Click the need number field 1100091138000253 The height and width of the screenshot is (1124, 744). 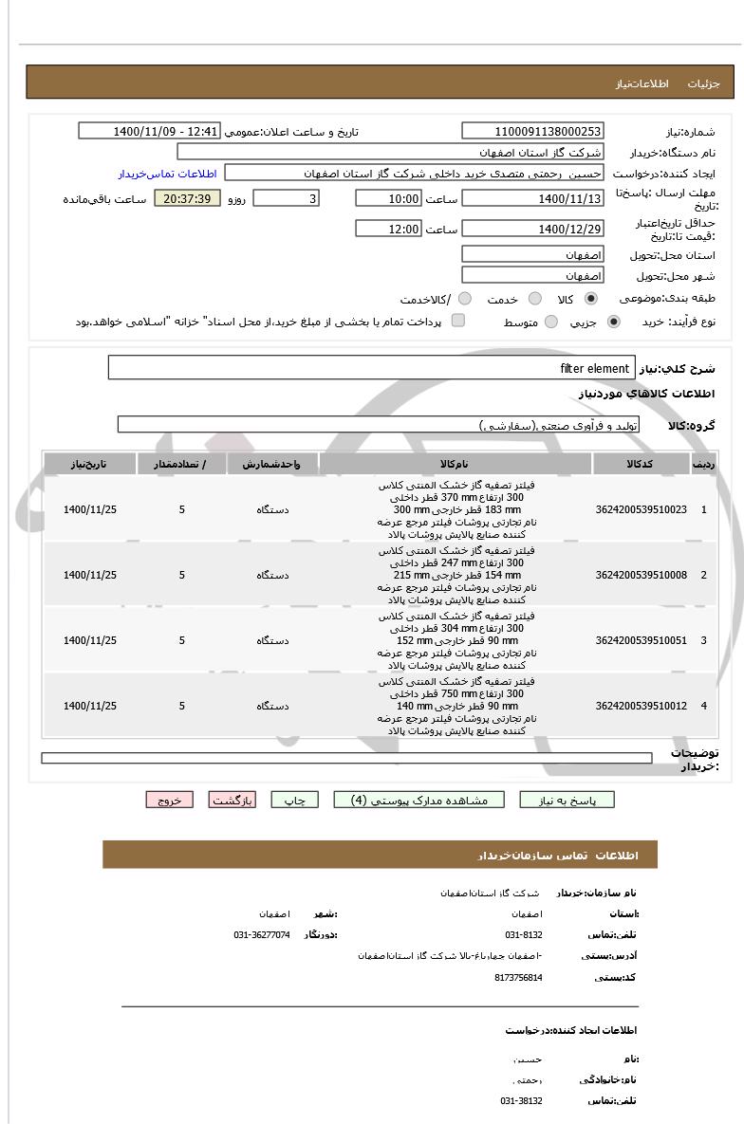[x=532, y=132]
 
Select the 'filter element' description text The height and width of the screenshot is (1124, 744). [x=595, y=368]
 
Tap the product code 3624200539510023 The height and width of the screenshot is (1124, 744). [x=641, y=510]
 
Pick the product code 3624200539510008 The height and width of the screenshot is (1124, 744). [x=641, y=576]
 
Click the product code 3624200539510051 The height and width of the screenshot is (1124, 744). [x=641, y=641]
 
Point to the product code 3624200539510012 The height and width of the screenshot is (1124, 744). [x=641, y=707]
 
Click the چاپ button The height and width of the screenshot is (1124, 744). [x=295, y=801]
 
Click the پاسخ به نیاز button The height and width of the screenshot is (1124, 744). [x=567, y=801]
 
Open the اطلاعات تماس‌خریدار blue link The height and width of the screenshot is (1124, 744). [x=167, y=174]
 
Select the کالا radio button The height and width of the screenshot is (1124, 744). [x=591, y=299]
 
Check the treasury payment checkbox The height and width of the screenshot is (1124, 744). [x=458, y=322]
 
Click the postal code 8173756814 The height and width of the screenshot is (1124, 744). [x=518, y=977]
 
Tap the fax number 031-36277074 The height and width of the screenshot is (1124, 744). [x=262, y=935]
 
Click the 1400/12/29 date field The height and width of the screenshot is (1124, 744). [x=532, y=229]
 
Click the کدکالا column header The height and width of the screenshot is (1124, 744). [x=641, y=464]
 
